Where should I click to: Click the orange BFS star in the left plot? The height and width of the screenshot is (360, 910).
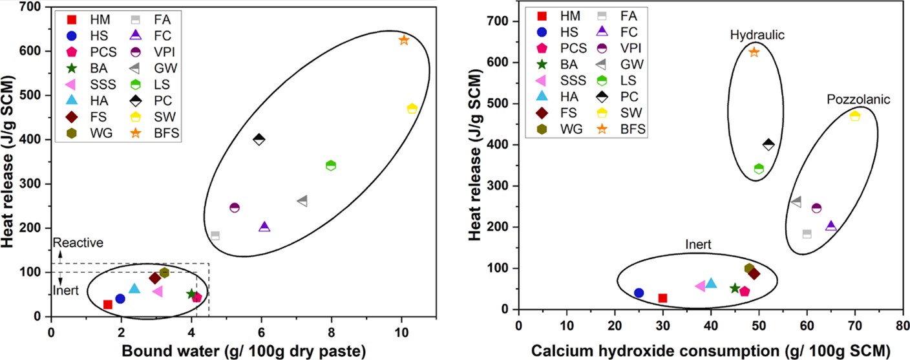[404, 40]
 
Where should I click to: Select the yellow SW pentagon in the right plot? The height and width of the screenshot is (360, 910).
[855, 116]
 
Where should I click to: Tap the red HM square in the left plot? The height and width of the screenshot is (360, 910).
[108, 304]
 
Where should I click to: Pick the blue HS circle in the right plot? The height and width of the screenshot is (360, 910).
[639, 293]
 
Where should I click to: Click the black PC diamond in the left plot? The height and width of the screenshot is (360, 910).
[259, 139]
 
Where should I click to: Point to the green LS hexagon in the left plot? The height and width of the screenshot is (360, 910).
[331, 165]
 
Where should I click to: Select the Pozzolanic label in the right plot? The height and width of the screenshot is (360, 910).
[858, 100]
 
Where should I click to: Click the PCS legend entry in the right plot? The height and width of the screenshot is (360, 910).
[569, 47]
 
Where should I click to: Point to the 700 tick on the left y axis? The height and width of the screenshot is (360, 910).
[30, 7]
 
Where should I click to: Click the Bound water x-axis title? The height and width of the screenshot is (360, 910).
[208, 350]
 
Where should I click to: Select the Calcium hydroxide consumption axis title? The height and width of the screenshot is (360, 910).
[710, 350]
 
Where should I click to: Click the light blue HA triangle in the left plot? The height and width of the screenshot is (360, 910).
[134, 288]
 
